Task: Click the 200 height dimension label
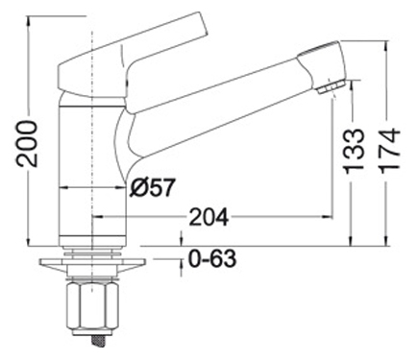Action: click(x=27, y=144)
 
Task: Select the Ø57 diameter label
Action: click(x=153, y=187)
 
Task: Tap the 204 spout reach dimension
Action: click(x=209, y=217)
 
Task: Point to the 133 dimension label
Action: click(x=354, y=151)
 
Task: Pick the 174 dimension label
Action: click(x=390, y=151)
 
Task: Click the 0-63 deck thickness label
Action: click(x=212, y=258)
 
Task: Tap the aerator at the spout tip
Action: click(x=332, y=86)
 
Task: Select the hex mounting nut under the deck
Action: click(x=92, y=306)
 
